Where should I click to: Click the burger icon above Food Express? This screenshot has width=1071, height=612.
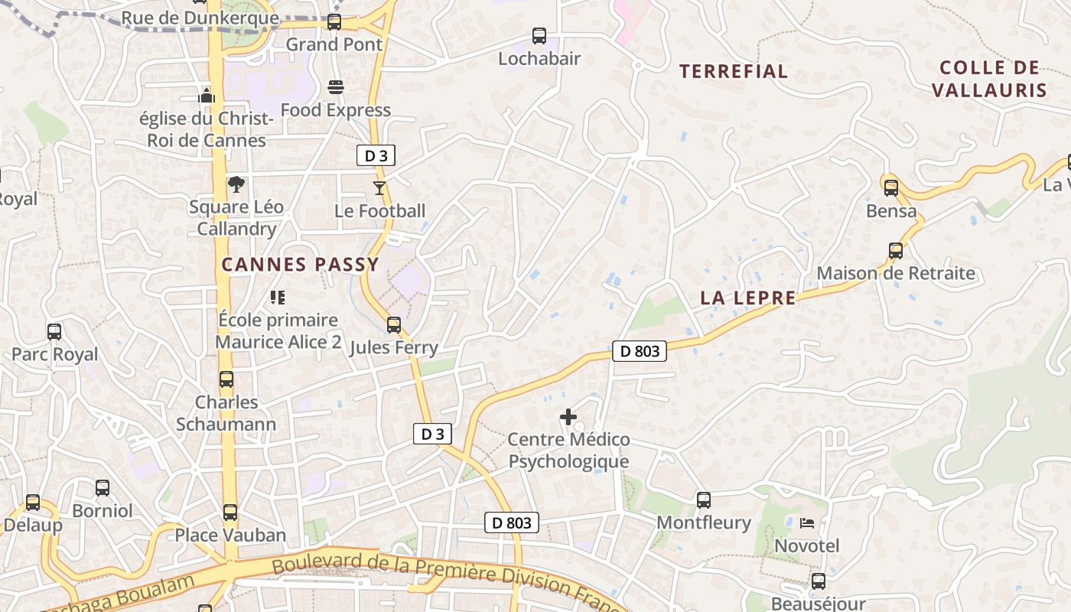tap(335, 87)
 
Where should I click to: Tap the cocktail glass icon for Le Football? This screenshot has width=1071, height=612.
tap(379, 187)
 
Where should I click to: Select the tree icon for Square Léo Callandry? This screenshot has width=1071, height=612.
tap(236, 184)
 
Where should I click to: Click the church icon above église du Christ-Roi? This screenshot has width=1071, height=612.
tap(207, 96)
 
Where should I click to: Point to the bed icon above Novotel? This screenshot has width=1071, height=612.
tap(807, 523)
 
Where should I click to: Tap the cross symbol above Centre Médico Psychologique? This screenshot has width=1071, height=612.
tap(568, 417)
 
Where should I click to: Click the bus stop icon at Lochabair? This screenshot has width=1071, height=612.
tap(539, 36)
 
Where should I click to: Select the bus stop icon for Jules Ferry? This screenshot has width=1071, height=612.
tap(394, 325)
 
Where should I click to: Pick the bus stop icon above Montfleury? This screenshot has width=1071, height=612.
tap(704, 500)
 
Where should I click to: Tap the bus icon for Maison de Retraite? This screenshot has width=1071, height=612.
tap(896, 250)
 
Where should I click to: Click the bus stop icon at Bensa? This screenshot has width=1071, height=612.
tap(891, 188)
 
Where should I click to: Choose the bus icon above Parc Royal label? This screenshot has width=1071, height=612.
tap(54, 332)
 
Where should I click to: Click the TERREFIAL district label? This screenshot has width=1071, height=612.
tap(733, 72)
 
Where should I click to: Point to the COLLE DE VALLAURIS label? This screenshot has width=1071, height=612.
tap(989, 79)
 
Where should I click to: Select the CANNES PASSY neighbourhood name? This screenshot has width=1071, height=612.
tap(300, 265)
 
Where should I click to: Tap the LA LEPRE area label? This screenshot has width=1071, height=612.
tap(747, 298)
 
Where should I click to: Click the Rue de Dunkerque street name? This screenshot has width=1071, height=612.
tap(200, 18)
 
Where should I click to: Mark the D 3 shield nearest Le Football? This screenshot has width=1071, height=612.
tap(376, 156)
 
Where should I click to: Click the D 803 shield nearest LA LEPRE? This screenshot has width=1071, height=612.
tap(640, 351)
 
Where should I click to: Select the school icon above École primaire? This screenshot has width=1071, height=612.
tap(277, 297)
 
